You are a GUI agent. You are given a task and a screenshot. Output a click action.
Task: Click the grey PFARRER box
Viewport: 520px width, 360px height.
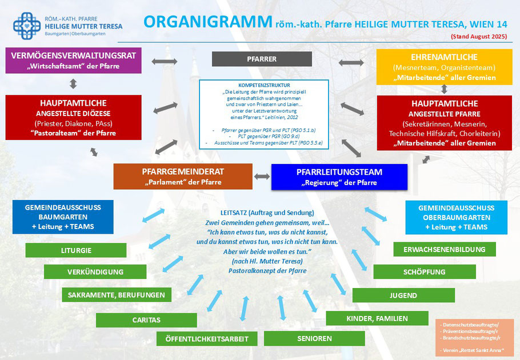[x=262, y=59]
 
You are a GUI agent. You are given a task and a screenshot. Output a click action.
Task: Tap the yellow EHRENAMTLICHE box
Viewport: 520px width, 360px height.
[x=445, y=67]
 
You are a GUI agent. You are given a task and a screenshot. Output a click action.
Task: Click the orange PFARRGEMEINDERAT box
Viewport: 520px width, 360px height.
[x=183, y=176]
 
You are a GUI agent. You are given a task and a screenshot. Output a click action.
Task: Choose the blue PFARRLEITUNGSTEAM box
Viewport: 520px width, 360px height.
[x=339, y=177]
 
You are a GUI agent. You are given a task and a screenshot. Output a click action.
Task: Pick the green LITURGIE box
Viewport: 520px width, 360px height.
[x=76, y=250]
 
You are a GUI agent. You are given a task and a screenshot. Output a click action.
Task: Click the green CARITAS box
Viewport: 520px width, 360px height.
[x=146, y=320]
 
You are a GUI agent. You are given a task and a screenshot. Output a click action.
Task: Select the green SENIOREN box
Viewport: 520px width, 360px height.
[x=314, y=338]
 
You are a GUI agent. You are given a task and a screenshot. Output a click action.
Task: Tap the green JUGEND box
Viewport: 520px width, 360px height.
[x=403, y=295]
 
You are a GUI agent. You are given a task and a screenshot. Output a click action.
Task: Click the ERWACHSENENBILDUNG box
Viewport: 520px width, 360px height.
[x=445, y=249]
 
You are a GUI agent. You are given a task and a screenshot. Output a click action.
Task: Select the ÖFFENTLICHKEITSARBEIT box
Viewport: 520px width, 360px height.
[x=207, y=339]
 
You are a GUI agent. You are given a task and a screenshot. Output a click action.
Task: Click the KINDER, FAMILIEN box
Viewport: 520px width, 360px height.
[x=377, y=318]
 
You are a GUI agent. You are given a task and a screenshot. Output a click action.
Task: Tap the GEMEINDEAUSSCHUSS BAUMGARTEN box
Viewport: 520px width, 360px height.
[x=63, y=217]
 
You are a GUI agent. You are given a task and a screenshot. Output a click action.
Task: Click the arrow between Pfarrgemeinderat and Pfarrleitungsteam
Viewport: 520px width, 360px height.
[x=262, y=177]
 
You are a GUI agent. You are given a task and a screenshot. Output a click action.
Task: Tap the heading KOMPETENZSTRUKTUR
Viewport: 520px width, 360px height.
[x=264, y=85]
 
